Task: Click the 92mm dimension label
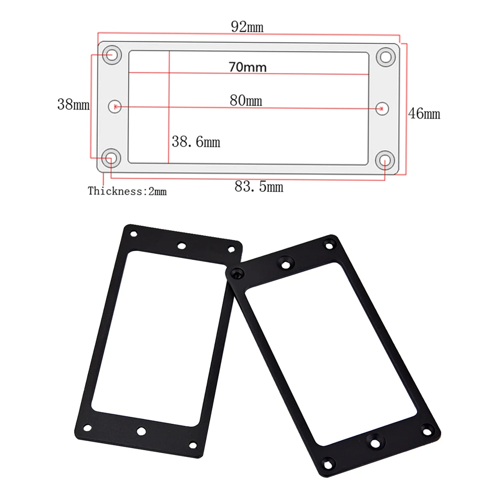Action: coord(247,27)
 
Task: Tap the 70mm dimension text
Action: coord(248,67)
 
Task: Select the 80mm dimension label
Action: coord(246,100)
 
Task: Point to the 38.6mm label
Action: coord(196,142)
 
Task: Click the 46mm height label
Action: coord(424,113)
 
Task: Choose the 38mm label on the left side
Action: coord(73,104)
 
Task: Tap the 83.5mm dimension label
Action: coord(259,186)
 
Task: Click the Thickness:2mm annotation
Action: coord(127,191)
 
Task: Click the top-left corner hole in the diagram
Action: coord(112,55)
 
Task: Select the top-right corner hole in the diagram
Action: coord(386,57)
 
